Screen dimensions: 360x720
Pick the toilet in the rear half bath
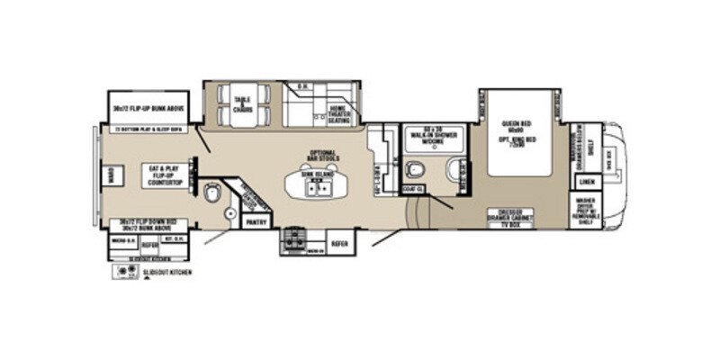[213, 194]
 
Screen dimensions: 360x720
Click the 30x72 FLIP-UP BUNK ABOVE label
[148, 109]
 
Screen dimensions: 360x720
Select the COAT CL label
[413, 189]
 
